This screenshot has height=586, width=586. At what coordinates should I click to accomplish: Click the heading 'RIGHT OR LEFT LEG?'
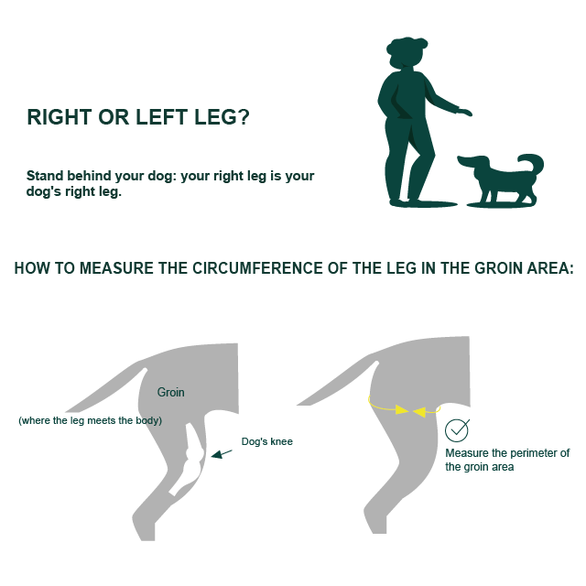tap(137, 118)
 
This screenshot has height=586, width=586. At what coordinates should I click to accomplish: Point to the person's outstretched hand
tap(464, 112)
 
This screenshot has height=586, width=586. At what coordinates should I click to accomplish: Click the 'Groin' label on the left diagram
tap(170, 392)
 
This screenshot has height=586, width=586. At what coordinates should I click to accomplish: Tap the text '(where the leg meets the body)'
tap(90, 420)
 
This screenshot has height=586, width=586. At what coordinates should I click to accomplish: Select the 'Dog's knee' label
tap(267, 441)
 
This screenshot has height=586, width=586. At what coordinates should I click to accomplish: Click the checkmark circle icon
tap(457, 430)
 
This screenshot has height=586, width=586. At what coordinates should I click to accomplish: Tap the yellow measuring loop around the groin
tap(404, 409)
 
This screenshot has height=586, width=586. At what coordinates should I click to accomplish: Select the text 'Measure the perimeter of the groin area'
tap(506, 460)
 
